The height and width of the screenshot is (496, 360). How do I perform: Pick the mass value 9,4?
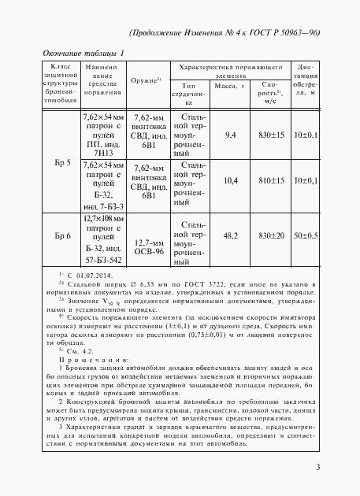coord(231,136)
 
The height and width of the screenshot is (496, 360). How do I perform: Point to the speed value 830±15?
coord(272,136)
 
